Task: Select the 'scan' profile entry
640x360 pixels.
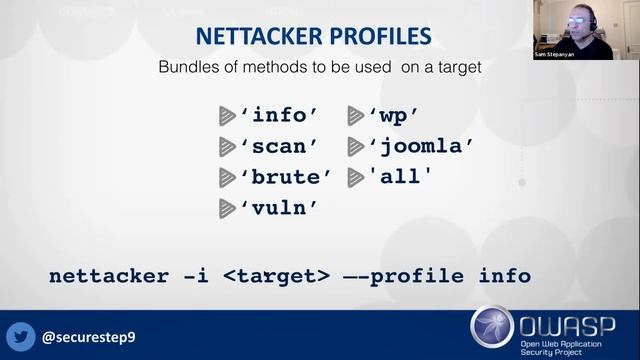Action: click(278, 146)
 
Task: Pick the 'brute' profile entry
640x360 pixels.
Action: click(285, 177)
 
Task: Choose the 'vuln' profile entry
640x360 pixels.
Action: click(278, 208)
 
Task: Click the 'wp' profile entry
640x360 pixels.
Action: click(392, 115)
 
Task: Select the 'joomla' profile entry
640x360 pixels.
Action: click(420, 146)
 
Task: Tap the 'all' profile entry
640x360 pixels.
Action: click(400, 177)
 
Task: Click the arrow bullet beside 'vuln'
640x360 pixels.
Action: click(227, 208)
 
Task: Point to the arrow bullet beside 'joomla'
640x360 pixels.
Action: click(355, 146)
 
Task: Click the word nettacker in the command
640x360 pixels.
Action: click(109, 275)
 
